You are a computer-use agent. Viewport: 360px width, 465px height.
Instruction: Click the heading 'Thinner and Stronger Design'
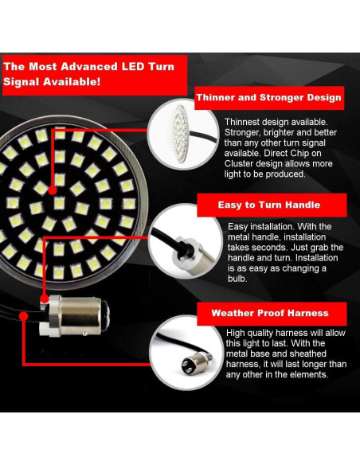pyautogui.click(x=269, y=98)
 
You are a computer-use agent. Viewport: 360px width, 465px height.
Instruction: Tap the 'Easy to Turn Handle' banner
pyautogui.click(x=269, y=205)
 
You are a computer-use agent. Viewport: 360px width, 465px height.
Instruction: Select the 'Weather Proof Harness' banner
pyautogui.click(x=269, y=313)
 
